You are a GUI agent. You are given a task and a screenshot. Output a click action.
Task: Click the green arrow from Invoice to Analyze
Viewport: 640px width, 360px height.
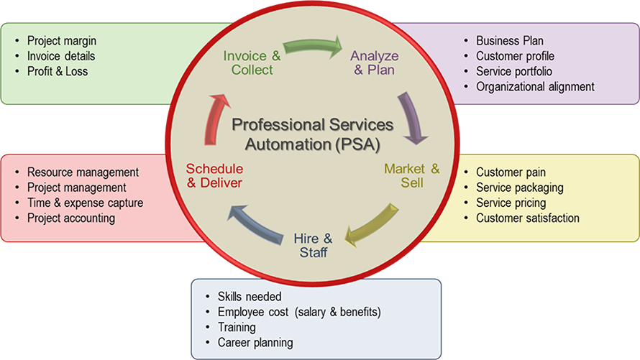(312, 47)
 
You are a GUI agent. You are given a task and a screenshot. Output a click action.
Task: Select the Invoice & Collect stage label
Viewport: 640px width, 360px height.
(252, 63)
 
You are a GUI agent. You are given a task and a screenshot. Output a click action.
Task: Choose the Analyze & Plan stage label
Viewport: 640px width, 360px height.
(372, 63)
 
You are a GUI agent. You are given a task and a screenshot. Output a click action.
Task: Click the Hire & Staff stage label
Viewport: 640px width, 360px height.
(313, 245)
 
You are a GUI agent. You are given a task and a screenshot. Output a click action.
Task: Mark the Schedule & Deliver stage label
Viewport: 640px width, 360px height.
(214, 176)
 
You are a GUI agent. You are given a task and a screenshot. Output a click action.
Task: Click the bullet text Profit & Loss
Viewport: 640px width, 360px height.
(58, 71)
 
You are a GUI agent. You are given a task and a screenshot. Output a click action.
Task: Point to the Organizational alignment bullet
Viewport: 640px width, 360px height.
(535, 86)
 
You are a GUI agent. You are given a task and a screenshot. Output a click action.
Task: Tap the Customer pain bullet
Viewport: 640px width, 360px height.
(511, 172)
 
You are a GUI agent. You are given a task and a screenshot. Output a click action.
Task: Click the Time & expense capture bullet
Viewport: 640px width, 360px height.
(85, 203)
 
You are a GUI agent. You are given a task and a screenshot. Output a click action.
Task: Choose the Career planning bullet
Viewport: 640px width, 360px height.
(255, 342)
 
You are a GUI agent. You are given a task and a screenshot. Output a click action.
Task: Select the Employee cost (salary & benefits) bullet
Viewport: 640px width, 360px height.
(298, 312)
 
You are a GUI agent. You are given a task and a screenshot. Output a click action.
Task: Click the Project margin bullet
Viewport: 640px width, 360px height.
(61, 41)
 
